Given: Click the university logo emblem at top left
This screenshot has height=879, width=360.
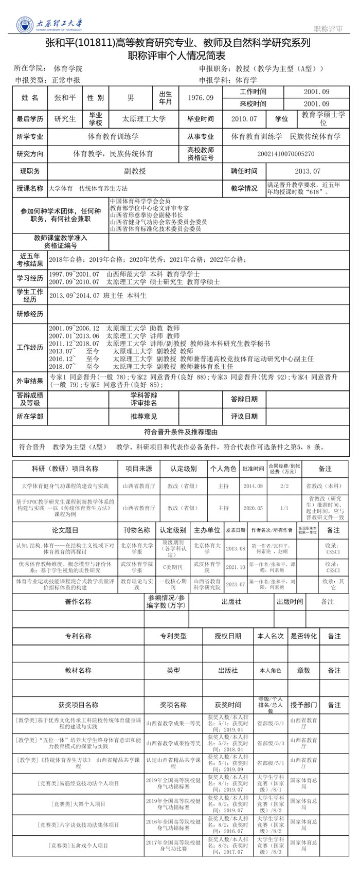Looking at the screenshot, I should [x=24, y=24].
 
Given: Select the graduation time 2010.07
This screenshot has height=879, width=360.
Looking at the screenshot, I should [x=244, y=119].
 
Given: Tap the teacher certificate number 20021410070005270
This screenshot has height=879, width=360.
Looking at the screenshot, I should [x=286, y=153].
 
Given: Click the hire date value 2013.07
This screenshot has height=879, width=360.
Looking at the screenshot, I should [x=308, y=171].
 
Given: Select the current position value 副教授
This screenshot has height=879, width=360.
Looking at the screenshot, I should [x=135, y=171].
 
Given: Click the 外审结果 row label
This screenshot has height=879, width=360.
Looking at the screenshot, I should [x=30, y=381].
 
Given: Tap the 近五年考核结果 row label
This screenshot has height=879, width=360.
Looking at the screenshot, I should [x=30, y=260].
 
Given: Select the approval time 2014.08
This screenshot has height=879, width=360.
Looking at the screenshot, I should [x=253, y=486].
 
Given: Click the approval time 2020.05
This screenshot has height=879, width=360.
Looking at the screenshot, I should [x=253, y=508].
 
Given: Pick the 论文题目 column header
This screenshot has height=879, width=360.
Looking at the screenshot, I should [x=65, y=530].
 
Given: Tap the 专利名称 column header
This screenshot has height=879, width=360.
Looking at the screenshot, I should [x=78, y=636].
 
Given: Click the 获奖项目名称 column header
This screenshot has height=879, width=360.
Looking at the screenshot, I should [x=78, y=705].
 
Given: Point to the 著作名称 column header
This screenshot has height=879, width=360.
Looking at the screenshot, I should [x=78, y=602].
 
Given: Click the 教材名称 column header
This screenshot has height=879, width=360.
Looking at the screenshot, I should [x=78, y=670].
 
